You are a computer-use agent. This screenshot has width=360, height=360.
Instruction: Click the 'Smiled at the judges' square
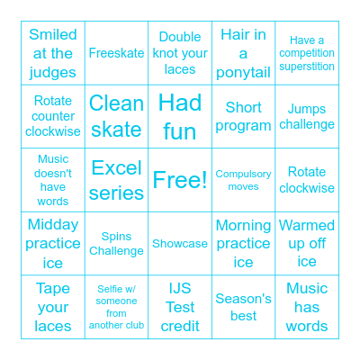coord(53,53)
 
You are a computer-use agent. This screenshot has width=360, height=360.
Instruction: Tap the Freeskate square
coord(116,53)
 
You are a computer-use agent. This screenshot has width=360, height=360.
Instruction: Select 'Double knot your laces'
coord(180,53)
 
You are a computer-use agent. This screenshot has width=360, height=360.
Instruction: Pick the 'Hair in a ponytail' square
coord(243,53)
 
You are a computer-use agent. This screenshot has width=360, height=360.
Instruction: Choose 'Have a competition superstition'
coord(307,53)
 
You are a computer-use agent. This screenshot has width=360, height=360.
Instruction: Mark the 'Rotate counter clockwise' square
coord(53,117)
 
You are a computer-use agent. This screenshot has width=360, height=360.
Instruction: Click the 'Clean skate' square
coord(116,117)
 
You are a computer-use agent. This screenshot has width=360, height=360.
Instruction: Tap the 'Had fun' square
coord(180,117)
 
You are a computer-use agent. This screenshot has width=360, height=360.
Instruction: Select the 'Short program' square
coord(243,117)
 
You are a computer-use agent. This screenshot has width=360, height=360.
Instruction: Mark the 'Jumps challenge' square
coord(307,117)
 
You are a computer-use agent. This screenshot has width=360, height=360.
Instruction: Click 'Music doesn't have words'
coord(53,180)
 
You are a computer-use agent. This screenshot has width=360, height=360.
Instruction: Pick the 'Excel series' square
coord(116,180)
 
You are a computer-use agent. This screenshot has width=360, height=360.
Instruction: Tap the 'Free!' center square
coord(180,180)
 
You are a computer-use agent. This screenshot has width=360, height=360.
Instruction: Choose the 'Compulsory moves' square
coord(243,180)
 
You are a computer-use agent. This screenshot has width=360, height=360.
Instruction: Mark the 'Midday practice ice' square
coord(53,243)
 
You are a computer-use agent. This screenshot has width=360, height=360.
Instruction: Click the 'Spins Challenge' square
coord(116,243)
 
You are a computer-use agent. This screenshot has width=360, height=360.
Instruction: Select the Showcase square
coord(180,243)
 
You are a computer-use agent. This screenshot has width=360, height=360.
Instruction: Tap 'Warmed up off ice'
coord(307,243)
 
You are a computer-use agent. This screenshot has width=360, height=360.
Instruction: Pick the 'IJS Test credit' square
coord(180,307)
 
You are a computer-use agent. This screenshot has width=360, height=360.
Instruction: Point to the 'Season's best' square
coord(243,307)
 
